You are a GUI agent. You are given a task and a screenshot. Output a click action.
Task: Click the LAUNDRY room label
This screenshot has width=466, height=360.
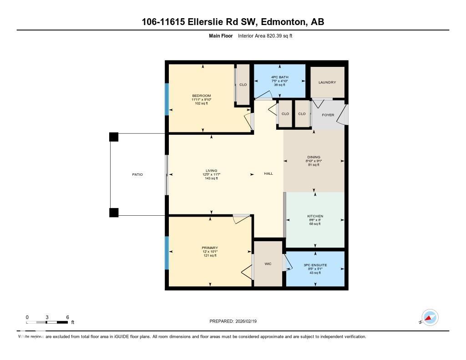(327, 82)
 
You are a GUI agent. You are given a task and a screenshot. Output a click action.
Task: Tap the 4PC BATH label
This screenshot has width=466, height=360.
(279, 77)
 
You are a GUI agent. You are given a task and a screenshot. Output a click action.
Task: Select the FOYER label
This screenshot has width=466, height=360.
(328, 115)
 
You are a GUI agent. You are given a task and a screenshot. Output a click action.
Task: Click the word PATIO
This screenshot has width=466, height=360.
(137, 174)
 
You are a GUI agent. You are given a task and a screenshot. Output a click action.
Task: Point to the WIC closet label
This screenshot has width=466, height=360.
(268, 264)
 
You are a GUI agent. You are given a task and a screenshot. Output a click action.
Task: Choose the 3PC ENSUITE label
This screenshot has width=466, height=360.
(315, 265)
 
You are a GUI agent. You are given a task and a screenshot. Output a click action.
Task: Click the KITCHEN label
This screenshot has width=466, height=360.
(315, 216)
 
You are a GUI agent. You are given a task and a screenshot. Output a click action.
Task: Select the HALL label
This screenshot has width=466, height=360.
(268, 173)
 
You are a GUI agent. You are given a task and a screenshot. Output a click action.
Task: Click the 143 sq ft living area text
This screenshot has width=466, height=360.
(210, 178)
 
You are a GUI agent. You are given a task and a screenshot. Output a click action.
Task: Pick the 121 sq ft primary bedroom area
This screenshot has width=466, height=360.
(210, 256)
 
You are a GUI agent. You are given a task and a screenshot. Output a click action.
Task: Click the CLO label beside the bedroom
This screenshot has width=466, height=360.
(243, 85)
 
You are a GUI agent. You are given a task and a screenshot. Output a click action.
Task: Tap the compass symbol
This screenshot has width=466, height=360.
(430, 318)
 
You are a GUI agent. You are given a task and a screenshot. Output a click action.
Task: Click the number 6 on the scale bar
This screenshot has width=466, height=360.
(67, 317)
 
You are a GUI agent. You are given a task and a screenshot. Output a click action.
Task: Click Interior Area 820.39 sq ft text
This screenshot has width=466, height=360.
(265, 35)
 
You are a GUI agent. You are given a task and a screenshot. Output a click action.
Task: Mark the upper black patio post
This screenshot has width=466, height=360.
(113, 137)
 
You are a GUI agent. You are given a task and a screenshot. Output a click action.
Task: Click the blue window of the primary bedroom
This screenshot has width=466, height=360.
(167, 252)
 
